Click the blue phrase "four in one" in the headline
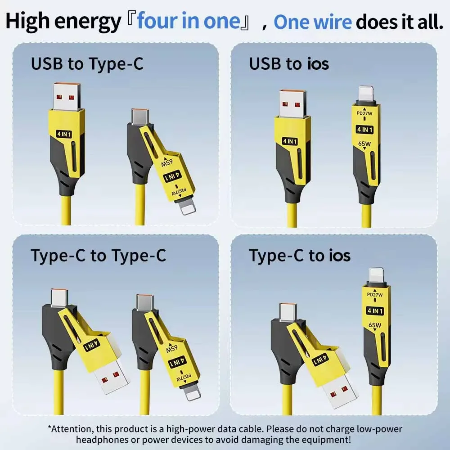click(x=189, y=22)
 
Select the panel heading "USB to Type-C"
click(x=87, y=64)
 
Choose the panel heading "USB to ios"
click(x=289, y=64)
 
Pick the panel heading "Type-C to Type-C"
click(x=98, y=256)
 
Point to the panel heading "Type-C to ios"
click(x=300, y=256)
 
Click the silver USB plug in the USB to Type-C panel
click(x=67, y=96)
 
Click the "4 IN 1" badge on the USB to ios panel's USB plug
click(x=290, y=141)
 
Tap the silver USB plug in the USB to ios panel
click(x=293, y=103)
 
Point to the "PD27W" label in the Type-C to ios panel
click(x=375, y=295)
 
